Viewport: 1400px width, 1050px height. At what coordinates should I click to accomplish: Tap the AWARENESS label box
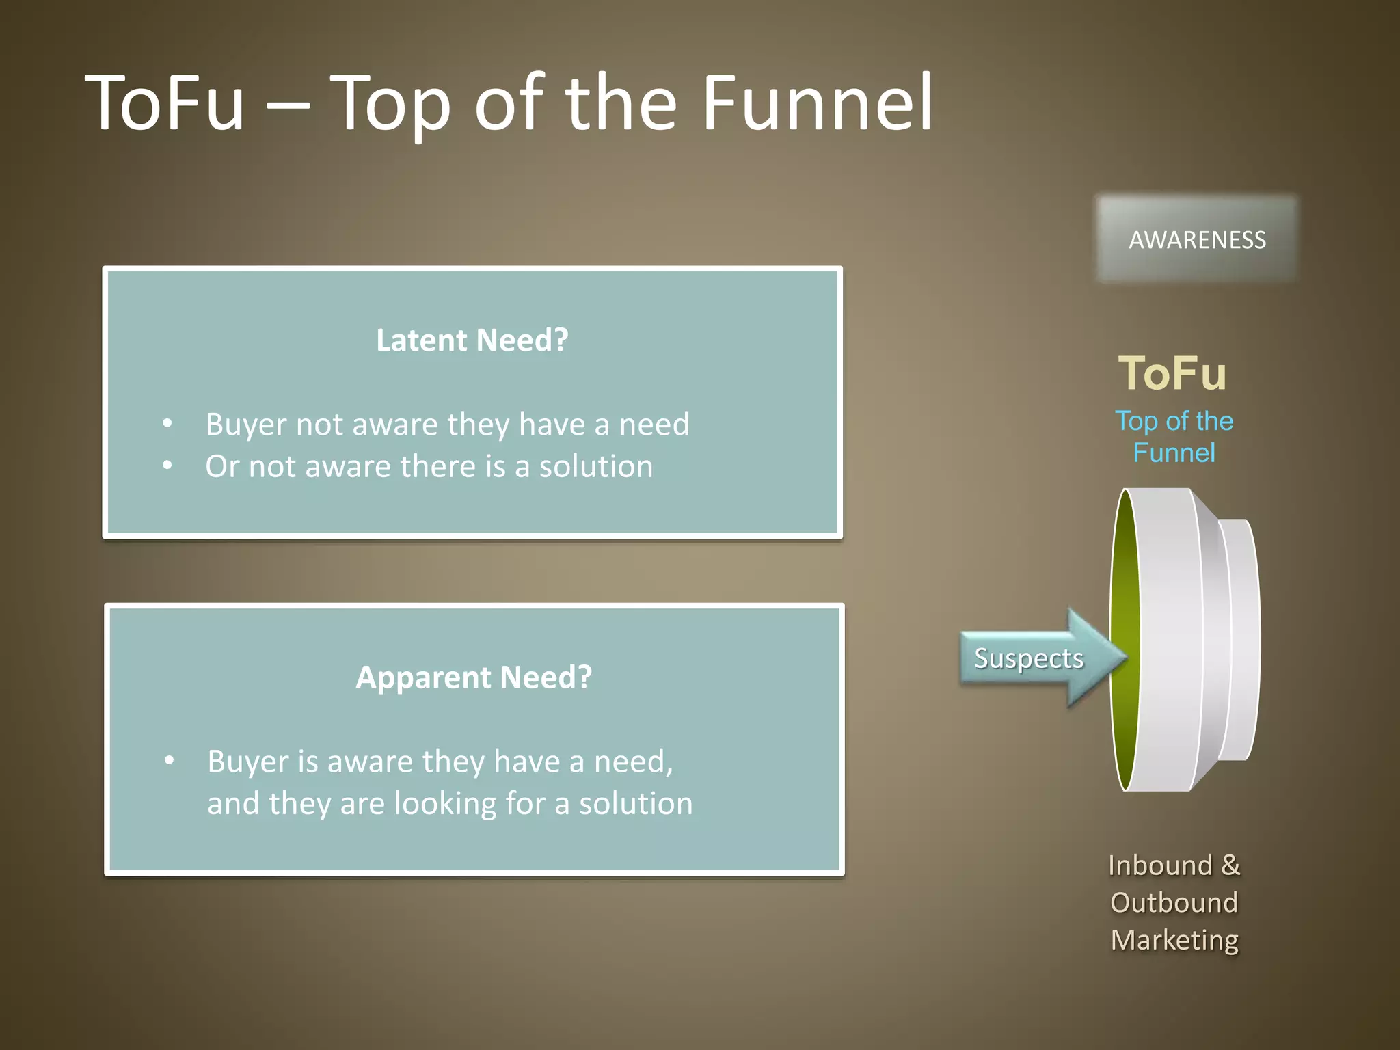(x=1196, y=240)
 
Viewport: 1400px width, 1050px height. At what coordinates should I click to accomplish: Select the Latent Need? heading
(x=472, y=340)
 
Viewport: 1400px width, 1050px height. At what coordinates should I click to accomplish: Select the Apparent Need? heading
(x=473, y=677)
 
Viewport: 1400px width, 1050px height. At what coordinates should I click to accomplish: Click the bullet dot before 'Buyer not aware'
(x=167, y=424)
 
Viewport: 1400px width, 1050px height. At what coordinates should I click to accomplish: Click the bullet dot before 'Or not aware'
(x=167, y=466)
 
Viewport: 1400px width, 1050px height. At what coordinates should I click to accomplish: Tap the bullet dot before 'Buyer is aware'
(x=170, y=760)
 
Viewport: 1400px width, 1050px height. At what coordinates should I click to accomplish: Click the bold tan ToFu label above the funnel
(x=1172, y=373)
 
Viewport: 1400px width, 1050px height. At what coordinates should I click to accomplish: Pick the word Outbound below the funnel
(x=1174, y=902)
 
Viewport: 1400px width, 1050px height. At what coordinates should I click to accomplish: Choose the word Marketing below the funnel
(x=1174, y=940)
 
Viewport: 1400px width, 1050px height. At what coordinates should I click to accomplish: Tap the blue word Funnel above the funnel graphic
(x=1174, y=453)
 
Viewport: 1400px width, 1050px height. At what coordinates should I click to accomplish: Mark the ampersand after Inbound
(x=1230, y=865)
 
